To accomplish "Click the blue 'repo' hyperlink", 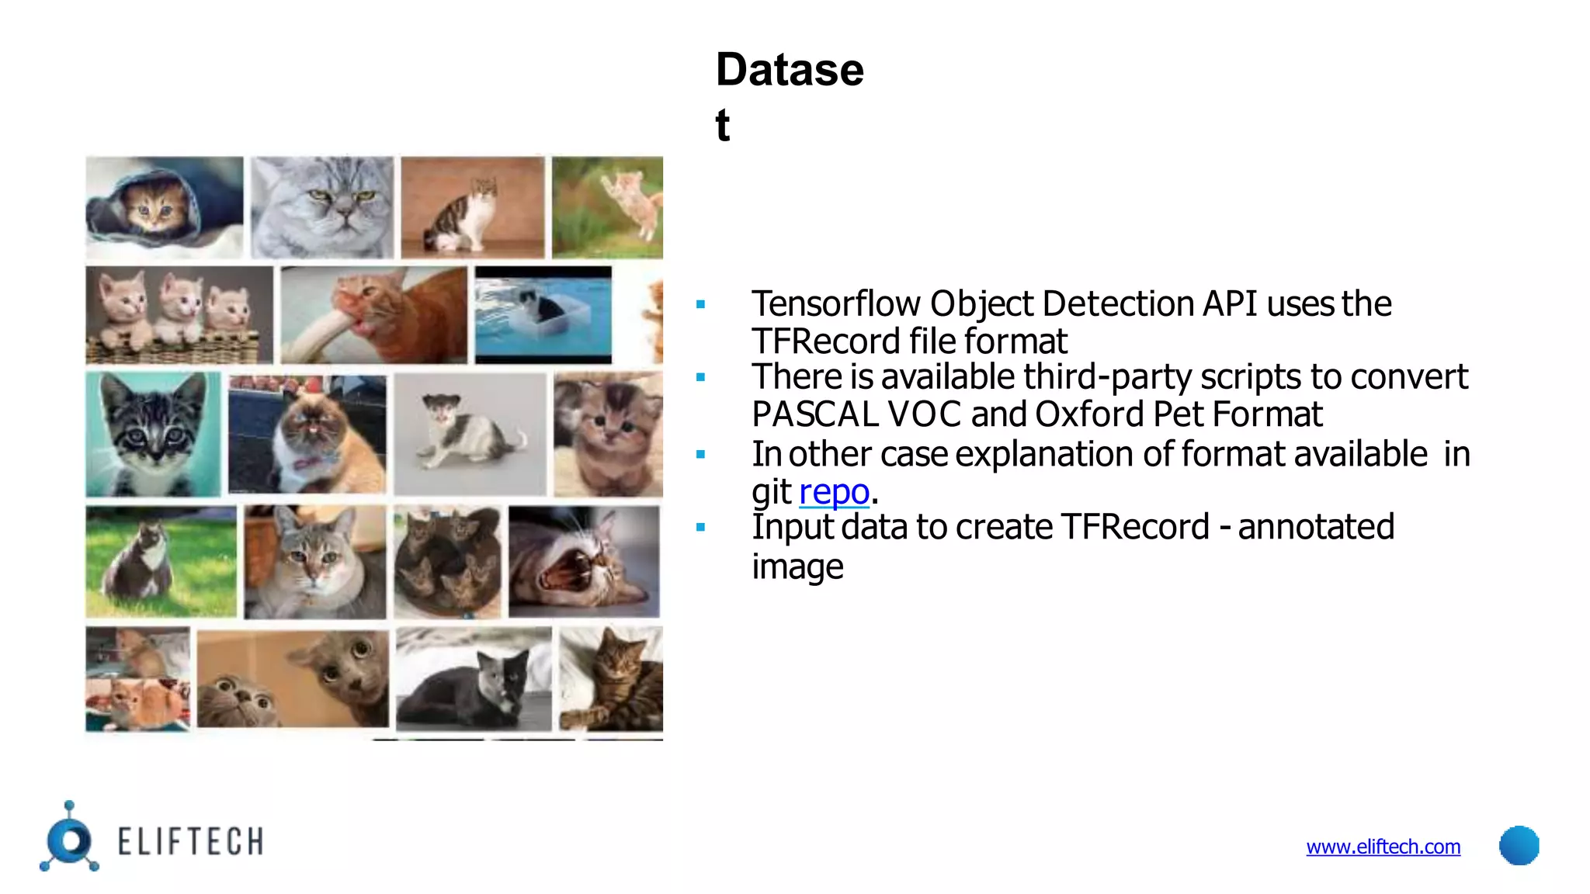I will pyautogui.click(x=833, y=492).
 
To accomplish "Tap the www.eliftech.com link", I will pyautogui.click(x=1383, y=847).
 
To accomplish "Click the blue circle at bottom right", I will pyautogui.click(x=1519, y=845).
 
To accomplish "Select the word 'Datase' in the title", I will pyautogui.click(x=789, y=70).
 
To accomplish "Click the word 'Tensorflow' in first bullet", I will pyautogui.click(x=835, y=303).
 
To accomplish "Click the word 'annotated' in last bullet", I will pyautogui.click(x=1315, y=527).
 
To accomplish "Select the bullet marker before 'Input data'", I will pyautogui.click(x=700, y=528).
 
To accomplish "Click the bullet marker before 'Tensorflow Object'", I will pyautogui.click(x=700, y=305).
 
